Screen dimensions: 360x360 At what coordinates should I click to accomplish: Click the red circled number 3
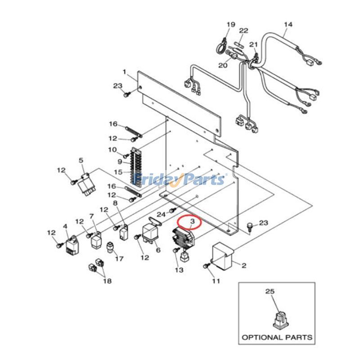[x=193, y=221]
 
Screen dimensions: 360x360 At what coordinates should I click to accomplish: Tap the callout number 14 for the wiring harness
[x=288, y=24]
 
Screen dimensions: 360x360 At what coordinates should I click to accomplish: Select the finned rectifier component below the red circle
[x=183, y=239]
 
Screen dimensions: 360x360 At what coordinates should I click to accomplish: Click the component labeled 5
[x=86, y=186]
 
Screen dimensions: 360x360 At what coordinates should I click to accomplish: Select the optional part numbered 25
[x=280, y=319]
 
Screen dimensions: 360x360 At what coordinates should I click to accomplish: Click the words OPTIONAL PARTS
[x=277, y=337]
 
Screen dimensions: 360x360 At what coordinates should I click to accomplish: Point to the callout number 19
[x=231, y=24]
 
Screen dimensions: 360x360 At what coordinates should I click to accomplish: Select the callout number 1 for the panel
[x=125, y=72]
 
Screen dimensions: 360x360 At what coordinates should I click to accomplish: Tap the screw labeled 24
[x=173, y=210]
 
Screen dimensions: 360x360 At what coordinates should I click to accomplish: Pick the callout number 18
[x=108, y=280]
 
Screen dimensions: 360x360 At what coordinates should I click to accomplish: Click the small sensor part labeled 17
[x=110, y=248]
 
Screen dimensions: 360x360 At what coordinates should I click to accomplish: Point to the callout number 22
[x=243, y=31]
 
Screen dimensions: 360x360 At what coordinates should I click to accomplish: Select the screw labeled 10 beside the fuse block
[x=126, y=156]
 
